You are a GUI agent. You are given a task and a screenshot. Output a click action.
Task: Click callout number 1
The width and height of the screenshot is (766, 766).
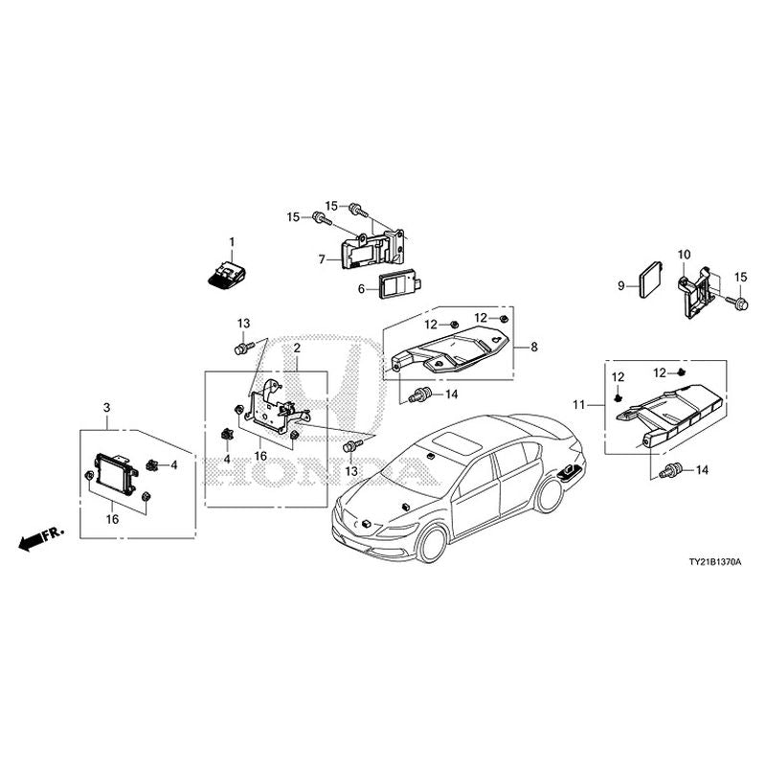pos(231,239)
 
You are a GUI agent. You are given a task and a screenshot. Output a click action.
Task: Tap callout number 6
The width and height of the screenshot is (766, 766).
pos(362,288)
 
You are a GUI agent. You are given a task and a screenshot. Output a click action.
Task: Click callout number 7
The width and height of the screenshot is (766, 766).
pos(324,258)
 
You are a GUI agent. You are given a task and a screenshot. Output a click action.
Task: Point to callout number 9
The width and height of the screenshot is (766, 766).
pos(620,284)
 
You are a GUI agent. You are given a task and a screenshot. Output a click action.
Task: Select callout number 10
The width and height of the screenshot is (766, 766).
pos(684,255)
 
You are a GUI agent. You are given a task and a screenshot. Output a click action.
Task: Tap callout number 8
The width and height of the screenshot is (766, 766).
pos(533,349)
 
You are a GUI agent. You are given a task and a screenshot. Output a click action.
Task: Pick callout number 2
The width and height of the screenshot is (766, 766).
pos(297,348)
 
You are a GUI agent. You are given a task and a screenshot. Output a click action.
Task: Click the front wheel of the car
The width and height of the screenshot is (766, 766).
pos(431,543)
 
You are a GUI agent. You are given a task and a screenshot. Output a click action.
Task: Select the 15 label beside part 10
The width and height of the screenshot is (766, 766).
pos(740,278)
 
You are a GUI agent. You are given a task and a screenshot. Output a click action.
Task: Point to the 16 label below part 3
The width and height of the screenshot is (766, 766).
pos(113,520)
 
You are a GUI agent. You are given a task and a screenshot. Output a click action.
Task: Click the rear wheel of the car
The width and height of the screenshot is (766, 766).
pos(550,495)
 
